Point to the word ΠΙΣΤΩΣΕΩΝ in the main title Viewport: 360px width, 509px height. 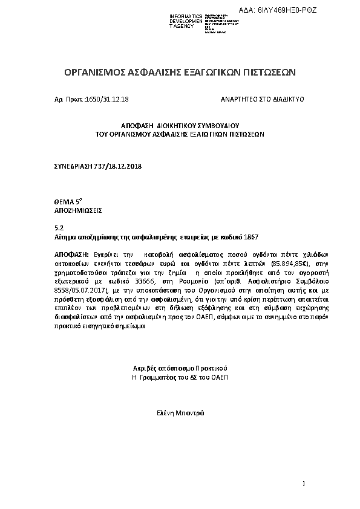point(268,73)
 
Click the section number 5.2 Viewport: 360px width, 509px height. point(59,228)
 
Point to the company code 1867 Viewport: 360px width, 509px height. point(251,238)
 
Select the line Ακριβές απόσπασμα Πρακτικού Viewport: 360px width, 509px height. point(180,368)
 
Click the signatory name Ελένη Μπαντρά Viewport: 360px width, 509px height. point(180,413)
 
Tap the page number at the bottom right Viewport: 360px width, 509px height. point(304,484)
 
